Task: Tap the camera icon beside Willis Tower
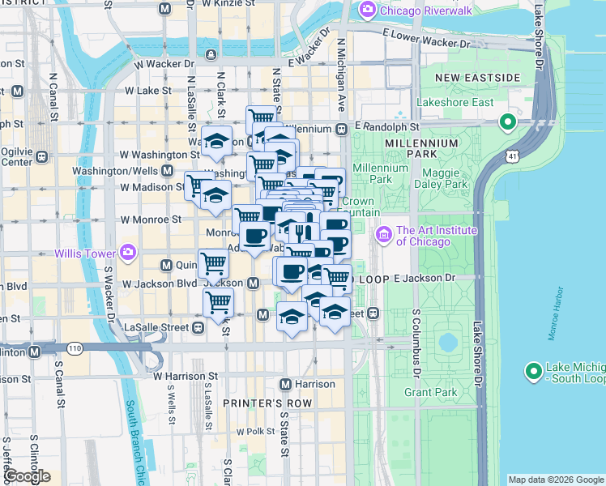click(127, 253)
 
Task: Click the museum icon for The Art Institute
click(383, 236)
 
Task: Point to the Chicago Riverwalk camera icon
click(366, 10)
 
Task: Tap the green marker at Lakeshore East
click(508, 123)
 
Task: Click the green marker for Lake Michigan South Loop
click(533, 372)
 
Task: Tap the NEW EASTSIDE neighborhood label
click(477, 77)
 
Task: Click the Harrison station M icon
click(285, 384)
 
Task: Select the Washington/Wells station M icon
click(168, 171)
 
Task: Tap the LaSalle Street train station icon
click(197, 327)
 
